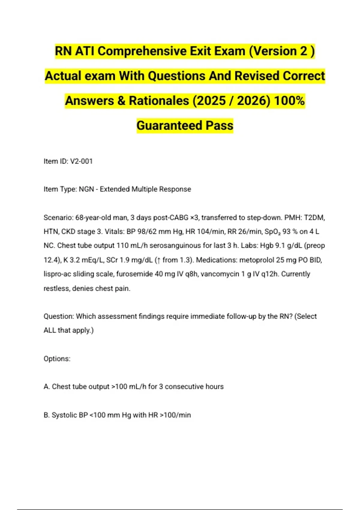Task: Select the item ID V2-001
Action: tap(81, 161)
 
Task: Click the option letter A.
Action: tap(46, 387)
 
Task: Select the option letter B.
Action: tap(46, 415)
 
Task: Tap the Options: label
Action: tap(57, 359)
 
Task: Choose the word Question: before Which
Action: tap(59, 316)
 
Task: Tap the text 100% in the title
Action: tap(289, 100)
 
